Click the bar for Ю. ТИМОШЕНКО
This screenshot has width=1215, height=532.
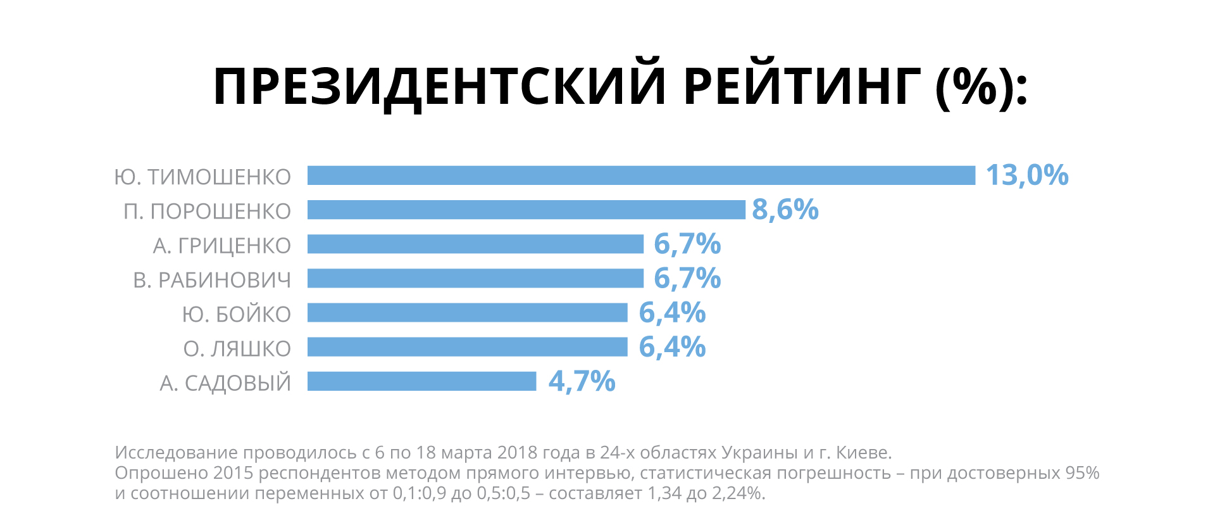pyautogui.click(x=641, y=175)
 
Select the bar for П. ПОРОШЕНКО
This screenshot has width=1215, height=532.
pyautogui.click(x=526, y=210)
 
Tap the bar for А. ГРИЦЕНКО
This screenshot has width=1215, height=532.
pyautogui.click(x=475, y=244)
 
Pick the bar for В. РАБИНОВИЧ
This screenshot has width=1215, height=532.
pyautogui.click(x=475, y=278)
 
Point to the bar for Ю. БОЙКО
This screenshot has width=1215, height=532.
pyautogui.click(x=467, y=312)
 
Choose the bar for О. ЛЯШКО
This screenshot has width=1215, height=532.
pyautogui.click(x=467, y=347)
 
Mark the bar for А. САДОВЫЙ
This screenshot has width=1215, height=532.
pyautogui.click(x=421, y=381)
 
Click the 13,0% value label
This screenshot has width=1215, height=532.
pyautogui.click(x=1026, y=175)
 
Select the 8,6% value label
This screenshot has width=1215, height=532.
pyautogui.click(x=785, y=210)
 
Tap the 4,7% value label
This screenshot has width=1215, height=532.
pyautogui.click(x=582, y=381)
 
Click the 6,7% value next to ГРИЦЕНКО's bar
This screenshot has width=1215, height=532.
pyautogui.click(x=687, y=244)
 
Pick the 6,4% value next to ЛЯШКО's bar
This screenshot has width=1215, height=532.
pyautogui.click(x=672, y=347)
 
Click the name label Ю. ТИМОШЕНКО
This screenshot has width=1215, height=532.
pyautogui.click(x=202, y=177)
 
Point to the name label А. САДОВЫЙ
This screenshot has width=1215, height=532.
pyautogui.click(x=225, y=383)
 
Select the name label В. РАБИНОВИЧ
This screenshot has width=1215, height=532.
pyautogui.click(x=212, y=280)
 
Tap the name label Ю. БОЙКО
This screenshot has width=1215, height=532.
pyautogui.click(x=236, y=314)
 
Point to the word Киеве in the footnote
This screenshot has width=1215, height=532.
pyautogui.click(x=864, y=453)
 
